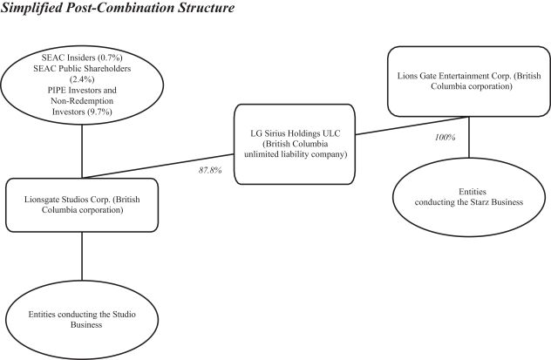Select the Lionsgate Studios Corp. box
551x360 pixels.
[82, 207]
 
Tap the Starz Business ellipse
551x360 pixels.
[471, 195]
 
